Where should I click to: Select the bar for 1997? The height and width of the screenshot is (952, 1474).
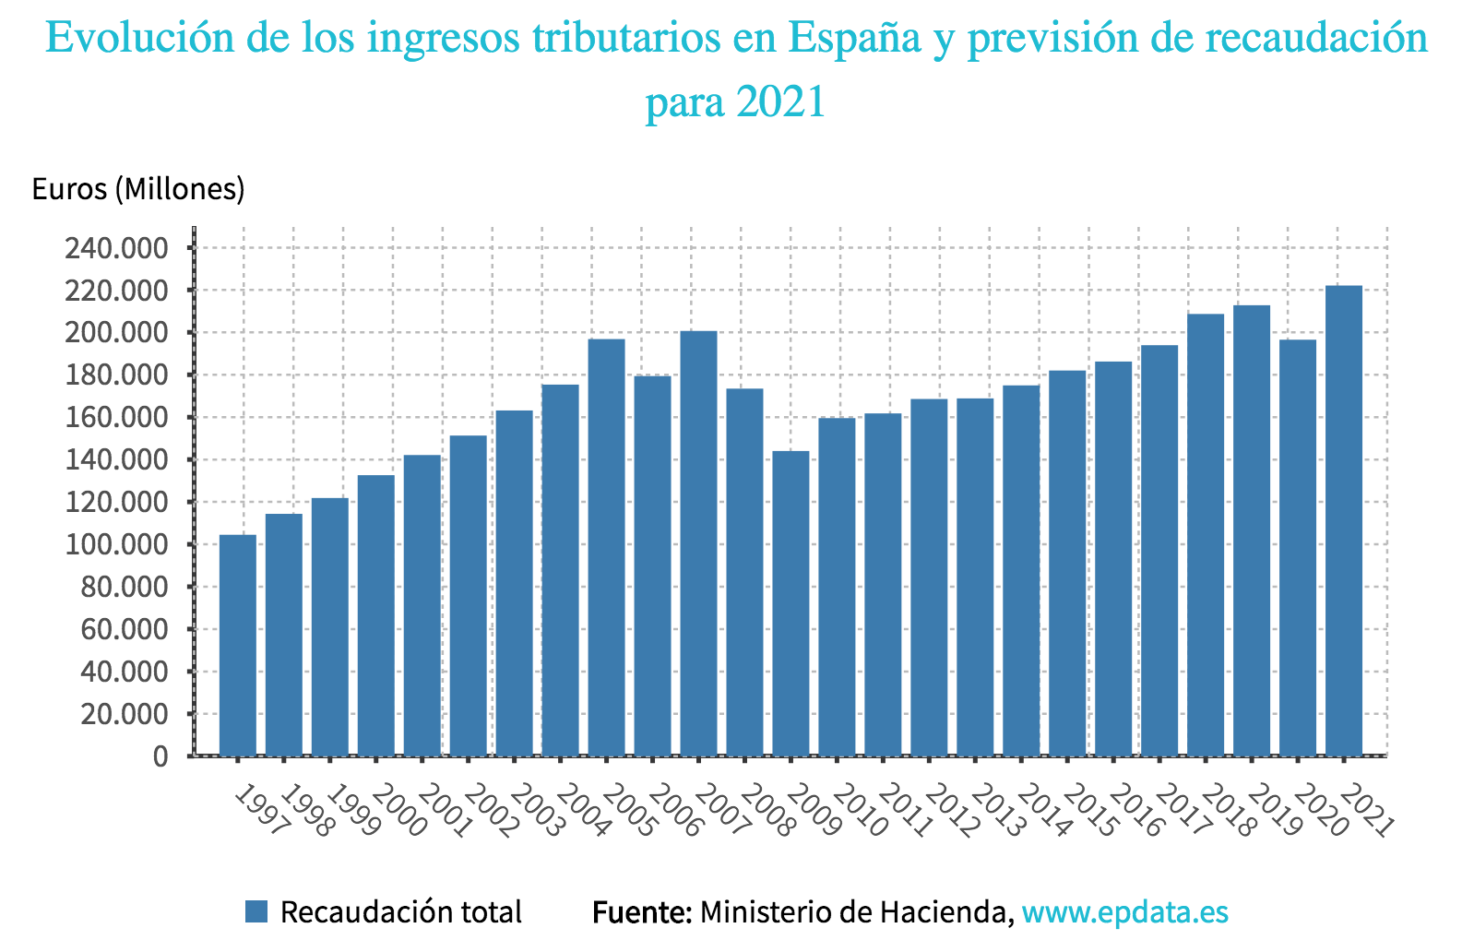(238, 645)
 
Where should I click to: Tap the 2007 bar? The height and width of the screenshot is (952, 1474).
(698, 543)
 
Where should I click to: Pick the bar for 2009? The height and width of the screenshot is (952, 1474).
(790, 603)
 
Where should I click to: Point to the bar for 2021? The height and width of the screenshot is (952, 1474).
(1343, 520)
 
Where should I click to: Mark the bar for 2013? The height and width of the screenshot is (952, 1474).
(975, 577)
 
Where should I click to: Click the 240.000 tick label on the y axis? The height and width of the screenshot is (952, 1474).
(116, 248)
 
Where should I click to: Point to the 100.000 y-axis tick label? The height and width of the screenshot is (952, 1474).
(116, 544)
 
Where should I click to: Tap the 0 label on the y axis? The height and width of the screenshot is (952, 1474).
(160, 756)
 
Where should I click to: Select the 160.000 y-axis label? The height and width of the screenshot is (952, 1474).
(116, 418)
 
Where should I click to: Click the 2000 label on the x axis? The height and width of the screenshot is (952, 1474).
(397, 811)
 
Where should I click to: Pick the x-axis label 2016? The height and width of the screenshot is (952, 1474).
(1135, 811)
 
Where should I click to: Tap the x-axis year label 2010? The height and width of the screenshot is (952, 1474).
(858, 811)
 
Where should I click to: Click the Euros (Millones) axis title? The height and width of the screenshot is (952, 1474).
(138, 189)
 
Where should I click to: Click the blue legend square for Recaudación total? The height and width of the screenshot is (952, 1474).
(256, 912)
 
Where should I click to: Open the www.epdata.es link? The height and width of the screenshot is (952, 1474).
(1125, 912)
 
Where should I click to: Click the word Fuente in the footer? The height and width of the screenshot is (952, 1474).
(642, 912)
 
